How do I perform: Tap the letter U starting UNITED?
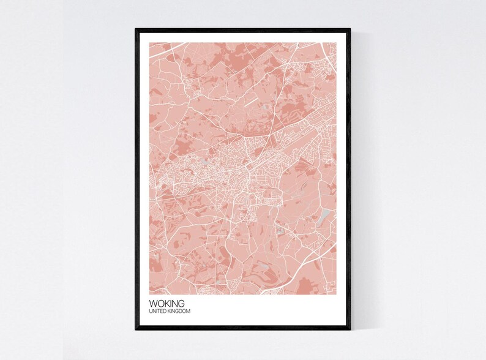(x=150, y=312)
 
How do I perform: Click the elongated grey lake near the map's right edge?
(x=325, y=216)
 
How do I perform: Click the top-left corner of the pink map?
(x=149, y=42)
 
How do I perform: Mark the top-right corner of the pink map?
(x=337, y=42)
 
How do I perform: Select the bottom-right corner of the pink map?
(x=337, y=294)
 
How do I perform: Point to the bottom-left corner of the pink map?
(x=149, y=294)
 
